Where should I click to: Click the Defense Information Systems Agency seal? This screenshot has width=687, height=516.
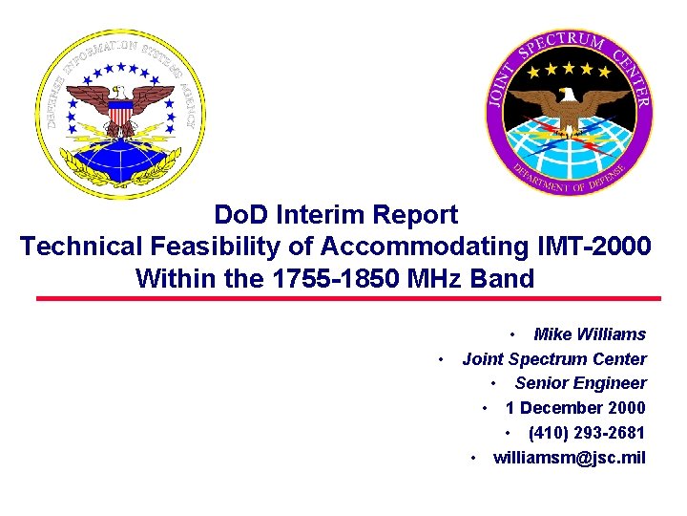point(122,113)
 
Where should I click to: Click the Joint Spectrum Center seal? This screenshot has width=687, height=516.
point(570,113)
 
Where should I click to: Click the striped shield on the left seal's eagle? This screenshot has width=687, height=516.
point(120,117)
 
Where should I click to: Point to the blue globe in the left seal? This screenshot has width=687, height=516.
point(120,158)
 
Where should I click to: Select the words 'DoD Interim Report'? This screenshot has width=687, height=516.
point(336,215)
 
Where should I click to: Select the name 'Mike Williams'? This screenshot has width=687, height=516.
point(590,334)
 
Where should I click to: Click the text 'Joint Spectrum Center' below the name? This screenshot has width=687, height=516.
point(554,359)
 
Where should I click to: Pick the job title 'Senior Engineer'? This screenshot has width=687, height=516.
point(580,383)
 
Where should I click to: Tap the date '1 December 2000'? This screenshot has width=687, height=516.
point(575,408)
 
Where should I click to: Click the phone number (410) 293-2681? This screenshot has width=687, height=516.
point(587,433)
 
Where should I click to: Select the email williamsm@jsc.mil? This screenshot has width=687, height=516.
point(569,458)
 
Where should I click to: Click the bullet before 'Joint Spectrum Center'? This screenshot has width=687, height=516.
point(440,360)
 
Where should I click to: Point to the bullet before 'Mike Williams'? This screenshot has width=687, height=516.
point(512,335)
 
